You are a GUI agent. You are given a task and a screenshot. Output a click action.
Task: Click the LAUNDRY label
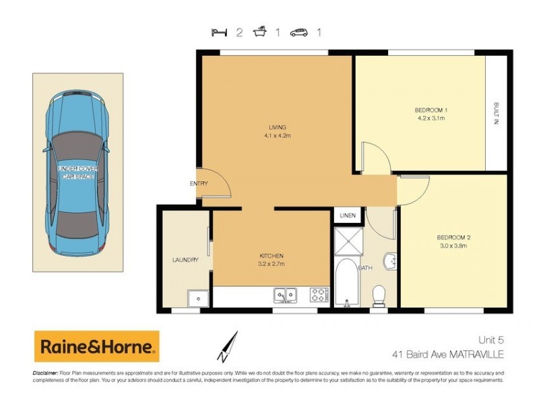click(185, 260)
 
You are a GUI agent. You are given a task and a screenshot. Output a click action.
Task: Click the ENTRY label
click(199, 184)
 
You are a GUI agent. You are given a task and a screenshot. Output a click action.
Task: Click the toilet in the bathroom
click(379, 293)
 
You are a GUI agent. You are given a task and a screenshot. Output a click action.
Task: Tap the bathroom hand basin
click(389, 262)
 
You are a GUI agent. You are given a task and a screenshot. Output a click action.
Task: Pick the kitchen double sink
click(284, 294)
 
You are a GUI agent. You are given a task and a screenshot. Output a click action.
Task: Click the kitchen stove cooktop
click(319, 294)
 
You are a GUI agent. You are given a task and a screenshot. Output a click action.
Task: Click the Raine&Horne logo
click(96, 347)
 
